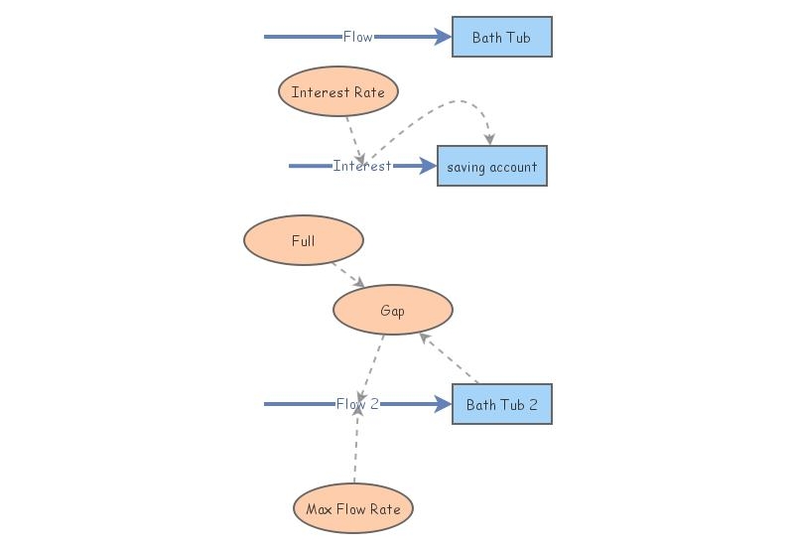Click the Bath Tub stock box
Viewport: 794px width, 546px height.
[x=501, y=38]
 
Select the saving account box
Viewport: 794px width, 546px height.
[x=491, y=167]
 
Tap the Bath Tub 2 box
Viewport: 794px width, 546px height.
[x=501, y=405]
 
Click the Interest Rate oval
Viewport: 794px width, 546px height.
[x=337, y=92]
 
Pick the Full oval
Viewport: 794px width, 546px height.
[x=303, y=241]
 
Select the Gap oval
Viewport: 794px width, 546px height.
[x=392, y=311]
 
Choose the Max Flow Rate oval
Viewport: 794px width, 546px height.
[x=352, y=509]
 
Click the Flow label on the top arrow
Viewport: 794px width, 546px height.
[x=357, y=38]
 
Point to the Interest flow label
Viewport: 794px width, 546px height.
[x=361, y=167]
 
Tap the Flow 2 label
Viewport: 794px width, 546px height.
[x=357, y=405]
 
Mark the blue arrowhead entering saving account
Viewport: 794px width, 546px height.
[x=428, y=167]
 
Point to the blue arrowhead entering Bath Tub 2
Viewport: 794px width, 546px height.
[x=443, y=405]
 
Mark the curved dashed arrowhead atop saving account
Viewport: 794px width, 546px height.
[x=489, y=139]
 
